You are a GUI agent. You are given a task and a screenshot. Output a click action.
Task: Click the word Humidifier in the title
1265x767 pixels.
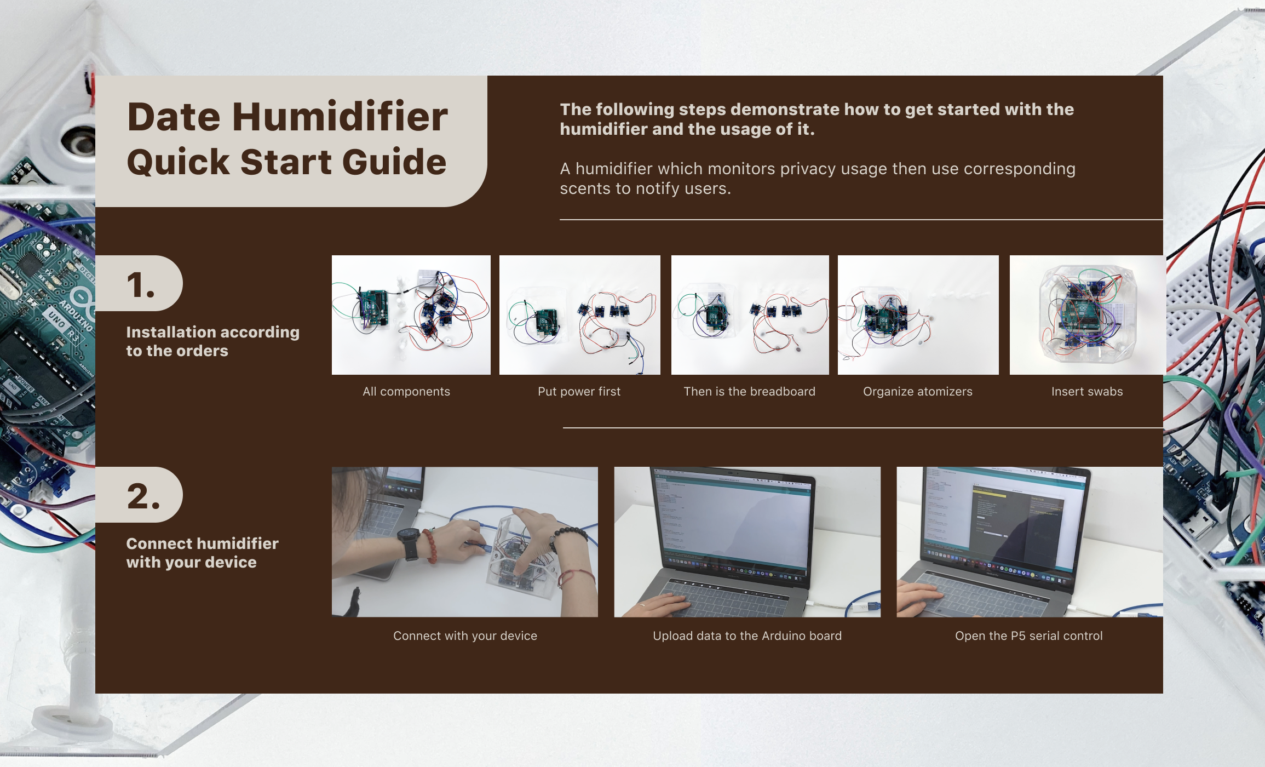coord(340,117)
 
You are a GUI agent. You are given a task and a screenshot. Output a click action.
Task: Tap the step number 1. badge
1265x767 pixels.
coord(139,283)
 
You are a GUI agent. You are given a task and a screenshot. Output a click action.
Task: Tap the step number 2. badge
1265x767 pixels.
coord(139,495)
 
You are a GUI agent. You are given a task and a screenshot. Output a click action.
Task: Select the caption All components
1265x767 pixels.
coord(406,392)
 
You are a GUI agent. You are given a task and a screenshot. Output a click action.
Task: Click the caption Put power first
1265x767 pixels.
coord(579,392)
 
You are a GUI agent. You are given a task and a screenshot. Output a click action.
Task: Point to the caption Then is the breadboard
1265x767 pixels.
coord(750,392)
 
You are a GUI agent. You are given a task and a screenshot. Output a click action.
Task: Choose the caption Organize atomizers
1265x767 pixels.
coord(918,392)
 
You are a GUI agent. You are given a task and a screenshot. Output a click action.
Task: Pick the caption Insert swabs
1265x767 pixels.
coord(1087,392)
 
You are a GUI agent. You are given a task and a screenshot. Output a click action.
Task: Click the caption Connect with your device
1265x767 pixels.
coord(465,636)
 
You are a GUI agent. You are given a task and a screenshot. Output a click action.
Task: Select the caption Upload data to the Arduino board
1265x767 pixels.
coord(748,636)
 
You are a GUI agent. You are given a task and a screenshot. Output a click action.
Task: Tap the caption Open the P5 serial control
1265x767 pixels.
coord(1029,636)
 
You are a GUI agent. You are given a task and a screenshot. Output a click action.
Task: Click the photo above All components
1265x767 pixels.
coord(411,315)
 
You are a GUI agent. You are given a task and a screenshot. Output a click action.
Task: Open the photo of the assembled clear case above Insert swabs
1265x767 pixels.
coord(1087,315)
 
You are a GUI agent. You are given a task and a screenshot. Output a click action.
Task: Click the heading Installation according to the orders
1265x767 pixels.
coord(212,341)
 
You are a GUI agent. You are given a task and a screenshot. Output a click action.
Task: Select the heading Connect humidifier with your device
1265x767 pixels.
coord(202,553)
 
